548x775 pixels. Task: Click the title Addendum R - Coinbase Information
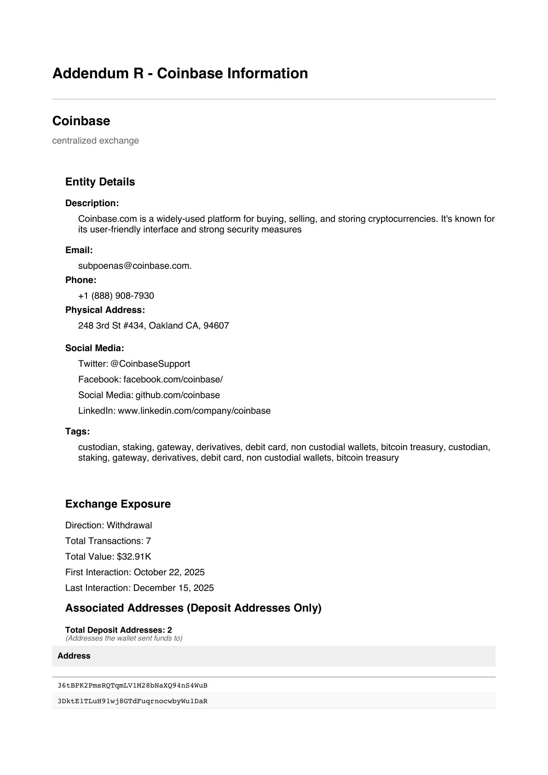point(180,74)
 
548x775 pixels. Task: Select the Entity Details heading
point(100,182)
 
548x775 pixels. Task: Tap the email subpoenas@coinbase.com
point(134,266)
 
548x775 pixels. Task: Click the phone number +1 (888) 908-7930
point(116,295)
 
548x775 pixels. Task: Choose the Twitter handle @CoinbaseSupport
point(150,364)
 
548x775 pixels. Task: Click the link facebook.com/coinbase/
point(173,379)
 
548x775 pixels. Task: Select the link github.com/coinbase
point(178,395)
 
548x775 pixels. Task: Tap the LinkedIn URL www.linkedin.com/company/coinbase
point(194,411)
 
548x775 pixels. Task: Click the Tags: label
point(77,431)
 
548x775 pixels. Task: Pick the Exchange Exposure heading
point(118,504)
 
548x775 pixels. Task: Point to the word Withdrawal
point(129,525)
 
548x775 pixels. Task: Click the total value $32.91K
point(134,556)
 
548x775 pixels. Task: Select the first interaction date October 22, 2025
point(169,572)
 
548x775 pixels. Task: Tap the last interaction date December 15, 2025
point(173,588)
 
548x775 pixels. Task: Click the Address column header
point(74,656)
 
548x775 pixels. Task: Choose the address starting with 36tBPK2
point(133,685)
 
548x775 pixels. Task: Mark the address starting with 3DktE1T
point(133,701)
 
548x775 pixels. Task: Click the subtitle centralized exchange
point(95,140)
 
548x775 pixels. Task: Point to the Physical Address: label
point(105,310)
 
